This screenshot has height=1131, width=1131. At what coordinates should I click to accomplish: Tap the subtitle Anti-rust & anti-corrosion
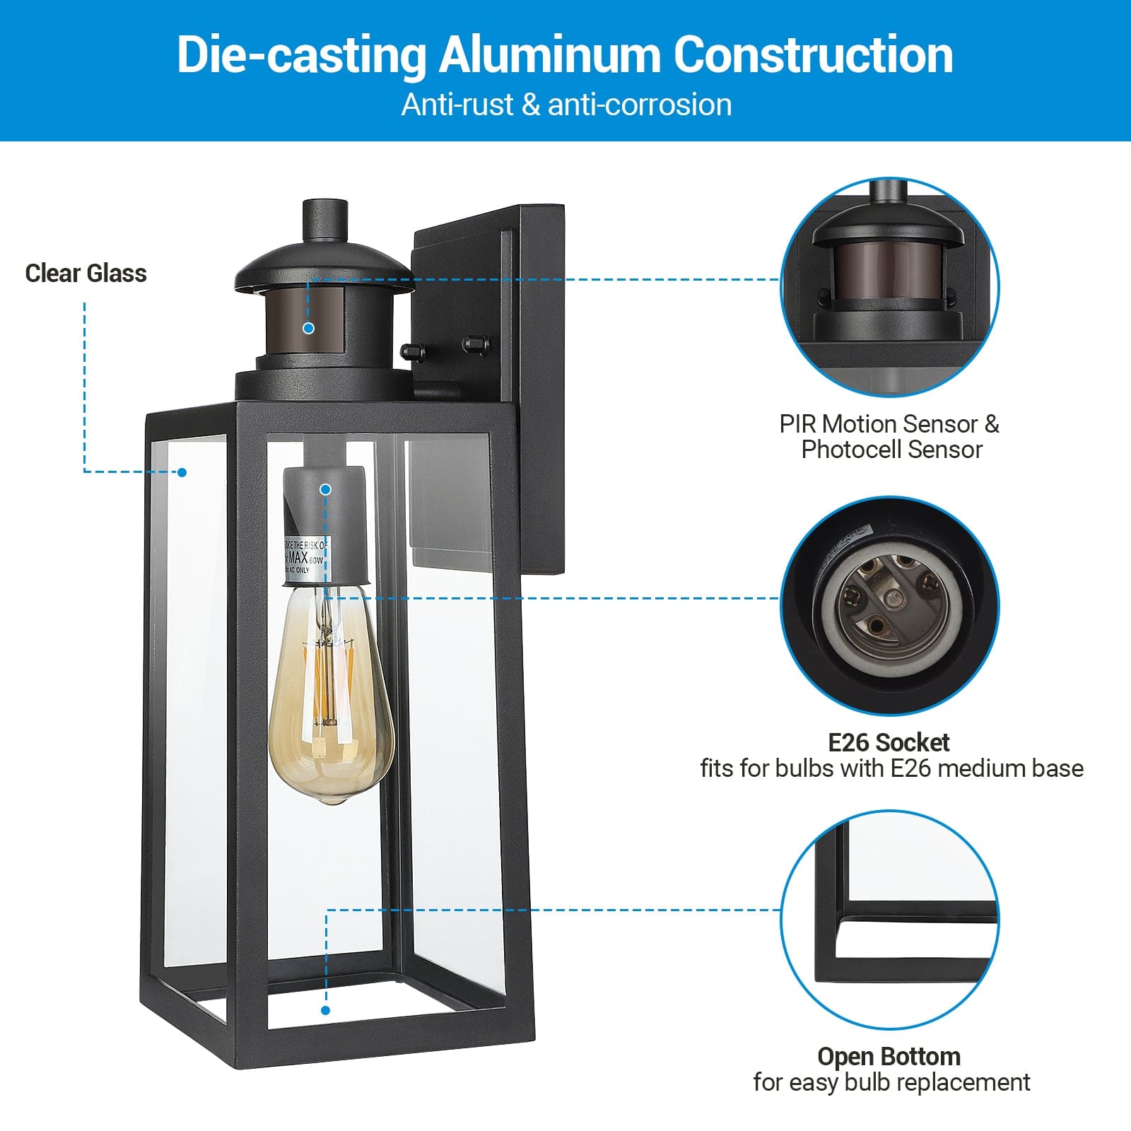click(x=566, y=105)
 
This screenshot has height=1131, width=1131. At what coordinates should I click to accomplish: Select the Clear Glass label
click(x=86, y=274)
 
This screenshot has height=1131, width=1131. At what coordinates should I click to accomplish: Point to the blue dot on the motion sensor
click(x=308, y=328)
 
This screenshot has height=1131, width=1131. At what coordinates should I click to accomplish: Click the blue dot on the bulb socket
click(x=325, y=489)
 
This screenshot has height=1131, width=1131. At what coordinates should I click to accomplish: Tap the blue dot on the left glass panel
click(x=182, y=472)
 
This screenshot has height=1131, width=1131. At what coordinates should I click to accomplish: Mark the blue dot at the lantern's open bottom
click(x=325, y=1010)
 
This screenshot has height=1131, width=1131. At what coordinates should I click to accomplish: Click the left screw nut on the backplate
click(x=411, y=351)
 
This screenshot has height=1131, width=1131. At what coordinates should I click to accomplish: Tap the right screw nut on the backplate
click(x=475, y=344)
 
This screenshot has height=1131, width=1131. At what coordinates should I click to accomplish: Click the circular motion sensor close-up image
click(x=890, y=286)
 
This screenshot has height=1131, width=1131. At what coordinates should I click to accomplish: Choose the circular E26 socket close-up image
click(x=890, y=605)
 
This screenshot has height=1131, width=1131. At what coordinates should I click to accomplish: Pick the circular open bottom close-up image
click(x=890, y=919)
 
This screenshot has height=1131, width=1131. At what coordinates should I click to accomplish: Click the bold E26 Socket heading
click(x=889, y=742)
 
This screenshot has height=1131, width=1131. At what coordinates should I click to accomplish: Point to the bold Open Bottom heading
click(x=889, y=1056)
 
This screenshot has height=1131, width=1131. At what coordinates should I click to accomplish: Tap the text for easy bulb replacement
click(x=891, y=1082)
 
